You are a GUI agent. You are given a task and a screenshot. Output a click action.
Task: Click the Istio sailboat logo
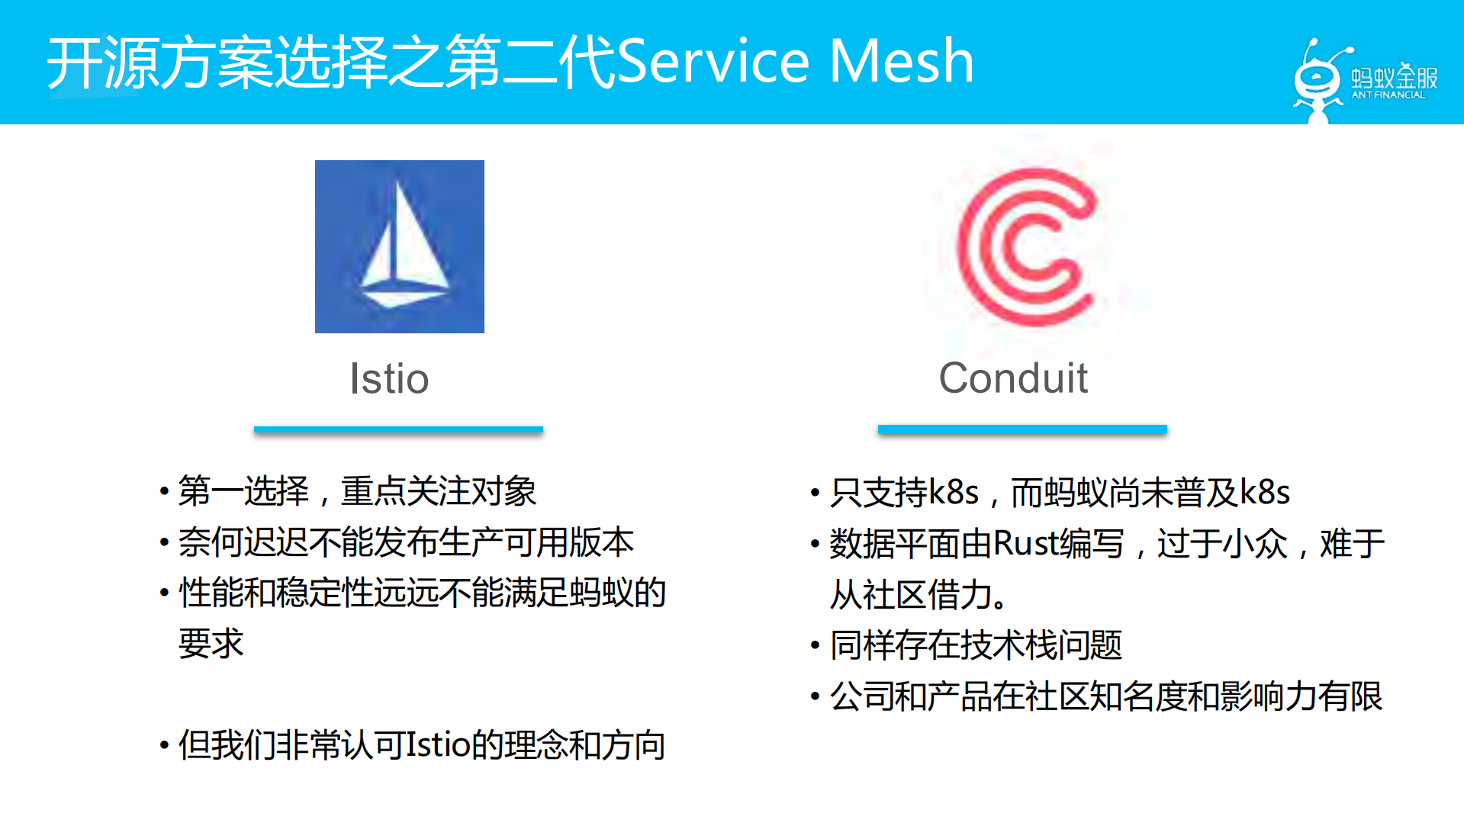point(399,246)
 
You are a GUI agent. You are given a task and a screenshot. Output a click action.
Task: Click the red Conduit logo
point(1026,246)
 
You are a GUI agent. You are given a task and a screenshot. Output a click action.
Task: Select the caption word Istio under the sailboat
point(389,378)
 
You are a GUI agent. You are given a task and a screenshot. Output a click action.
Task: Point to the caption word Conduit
point(1012,378)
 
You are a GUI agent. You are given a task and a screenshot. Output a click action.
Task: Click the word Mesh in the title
point(901,61)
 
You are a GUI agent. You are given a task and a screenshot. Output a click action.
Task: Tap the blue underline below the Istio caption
point(398,430)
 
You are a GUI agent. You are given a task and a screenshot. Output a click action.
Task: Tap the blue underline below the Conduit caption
point(1022,429)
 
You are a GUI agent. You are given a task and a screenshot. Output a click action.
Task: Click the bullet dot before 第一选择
point(164,490)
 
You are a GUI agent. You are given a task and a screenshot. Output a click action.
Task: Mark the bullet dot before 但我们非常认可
point(164,745)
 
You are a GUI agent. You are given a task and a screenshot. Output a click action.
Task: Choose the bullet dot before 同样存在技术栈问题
point(815,646)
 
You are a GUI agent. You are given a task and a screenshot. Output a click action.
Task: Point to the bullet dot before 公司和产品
point(815,696)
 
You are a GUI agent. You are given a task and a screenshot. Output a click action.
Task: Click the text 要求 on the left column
point(211,644)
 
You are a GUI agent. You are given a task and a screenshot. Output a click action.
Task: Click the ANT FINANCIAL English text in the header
point(1388,95)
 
